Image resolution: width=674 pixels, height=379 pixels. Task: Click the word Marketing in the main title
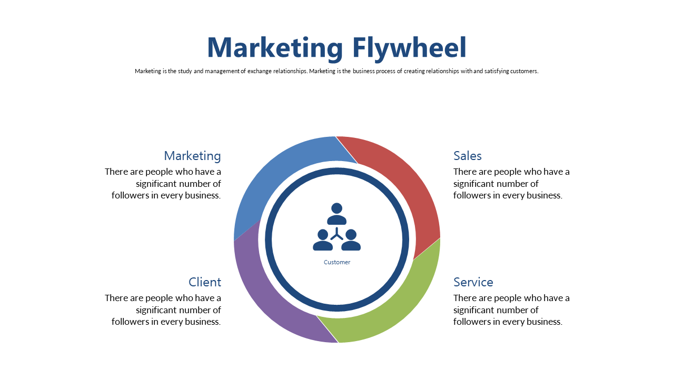point(275,48)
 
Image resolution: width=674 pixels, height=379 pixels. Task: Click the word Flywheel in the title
point(410,48)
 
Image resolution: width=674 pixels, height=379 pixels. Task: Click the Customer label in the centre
point(337,262)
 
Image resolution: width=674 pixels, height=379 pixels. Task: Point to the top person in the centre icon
point(336,214)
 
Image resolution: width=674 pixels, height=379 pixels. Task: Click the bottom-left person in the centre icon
point(323,240)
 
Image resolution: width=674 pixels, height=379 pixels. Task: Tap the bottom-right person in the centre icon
point(351,240)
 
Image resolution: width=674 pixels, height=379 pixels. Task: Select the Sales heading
point(468,156)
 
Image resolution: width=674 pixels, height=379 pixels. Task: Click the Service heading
point(473,282)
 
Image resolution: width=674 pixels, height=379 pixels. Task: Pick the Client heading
point(205,282)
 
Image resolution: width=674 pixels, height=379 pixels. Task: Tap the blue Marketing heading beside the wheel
point(193,156)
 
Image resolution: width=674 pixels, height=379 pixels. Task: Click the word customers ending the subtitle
point(524,71)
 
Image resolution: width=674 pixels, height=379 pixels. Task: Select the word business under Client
point(203,322)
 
